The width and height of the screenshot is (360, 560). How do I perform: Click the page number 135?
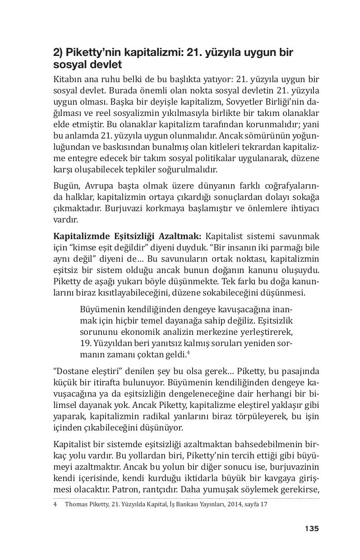(x=311, y=528)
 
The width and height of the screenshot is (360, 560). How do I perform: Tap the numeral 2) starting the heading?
(x=59, y=53)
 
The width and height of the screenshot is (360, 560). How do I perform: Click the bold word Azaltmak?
(x=182, y=236)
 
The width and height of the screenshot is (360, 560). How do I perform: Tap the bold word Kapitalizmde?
(x=78, y=236)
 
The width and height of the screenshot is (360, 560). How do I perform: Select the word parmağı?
(x=287, y=248)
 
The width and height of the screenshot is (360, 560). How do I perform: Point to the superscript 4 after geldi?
(x=188, y=352)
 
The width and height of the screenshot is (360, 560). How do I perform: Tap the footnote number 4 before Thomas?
(x=55, y=504)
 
